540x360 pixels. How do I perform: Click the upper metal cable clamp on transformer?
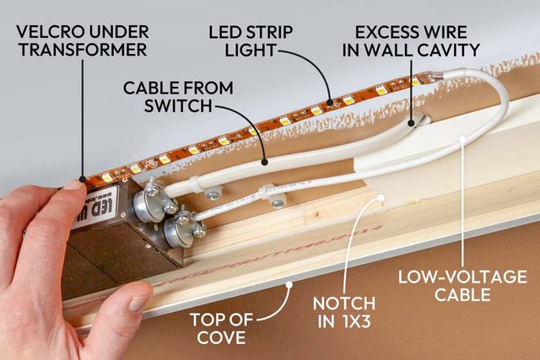pyautogui.click(x=153, y=201)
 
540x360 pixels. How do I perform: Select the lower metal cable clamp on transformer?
pyautogui.click(x=185, y=228)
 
